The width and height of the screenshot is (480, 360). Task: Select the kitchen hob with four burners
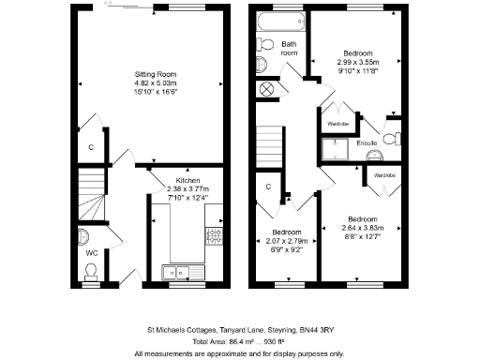tap(215, 234)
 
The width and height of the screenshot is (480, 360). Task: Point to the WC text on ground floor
tap(91, 254)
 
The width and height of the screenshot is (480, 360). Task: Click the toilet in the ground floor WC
tap(91, 272)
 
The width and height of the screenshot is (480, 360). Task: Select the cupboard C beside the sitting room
tap(91, 147)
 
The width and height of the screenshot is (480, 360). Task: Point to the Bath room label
tap(289, 49)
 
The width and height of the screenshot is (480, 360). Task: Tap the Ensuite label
tap(367, 143)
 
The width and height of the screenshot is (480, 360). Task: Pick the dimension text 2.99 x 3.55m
tap(358, 61)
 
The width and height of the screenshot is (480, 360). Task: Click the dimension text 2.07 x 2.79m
tap(286, 241)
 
